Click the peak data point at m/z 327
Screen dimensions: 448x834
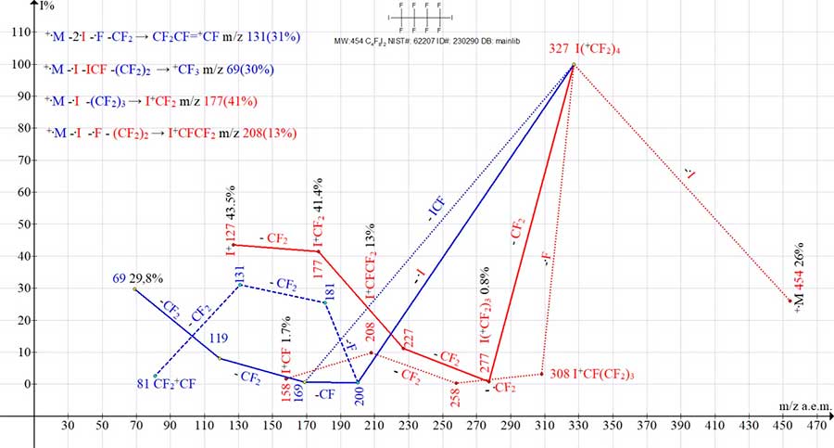[574, 65]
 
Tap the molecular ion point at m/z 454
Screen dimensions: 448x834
[790, 301]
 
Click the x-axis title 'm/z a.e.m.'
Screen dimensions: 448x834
[804, 406]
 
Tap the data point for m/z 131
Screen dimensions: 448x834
[239, 285]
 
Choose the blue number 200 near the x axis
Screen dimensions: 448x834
[360, 395]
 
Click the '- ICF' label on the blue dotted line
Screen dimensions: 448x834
[438, 210]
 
